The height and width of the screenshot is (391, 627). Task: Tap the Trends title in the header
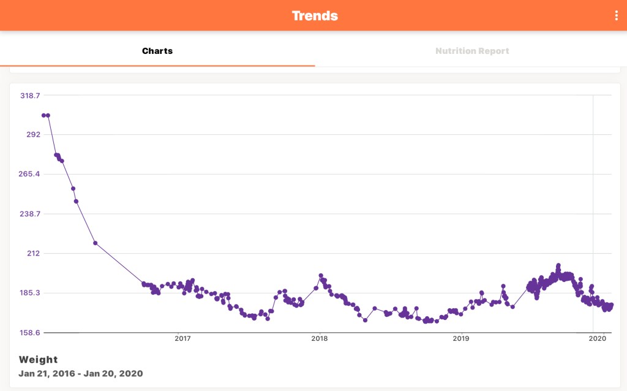click(315, 15)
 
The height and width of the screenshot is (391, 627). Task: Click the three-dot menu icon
click(617, 16)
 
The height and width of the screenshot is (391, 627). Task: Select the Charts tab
click(157, 51)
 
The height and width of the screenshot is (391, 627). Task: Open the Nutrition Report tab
click(472, 51)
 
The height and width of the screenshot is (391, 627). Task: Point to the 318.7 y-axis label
click(30, 96)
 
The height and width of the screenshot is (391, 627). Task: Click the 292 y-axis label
click(33, 135)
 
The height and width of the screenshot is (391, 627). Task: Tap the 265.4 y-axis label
click(30, 174)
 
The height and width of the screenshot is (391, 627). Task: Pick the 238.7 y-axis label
click(30, 214)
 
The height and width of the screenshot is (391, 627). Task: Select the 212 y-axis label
click(33, 253)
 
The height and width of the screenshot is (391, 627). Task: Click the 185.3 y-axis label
click(30, 293)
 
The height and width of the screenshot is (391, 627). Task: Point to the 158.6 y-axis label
click(30, 332)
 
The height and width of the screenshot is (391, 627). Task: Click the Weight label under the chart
click(38, 360)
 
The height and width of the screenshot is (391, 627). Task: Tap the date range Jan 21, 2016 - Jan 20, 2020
click(80, 373)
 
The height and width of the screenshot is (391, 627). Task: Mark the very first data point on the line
click(43, 115)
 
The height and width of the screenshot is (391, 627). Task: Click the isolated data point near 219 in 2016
click(96, 243)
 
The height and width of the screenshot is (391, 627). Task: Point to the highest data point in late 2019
click(558, 265)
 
